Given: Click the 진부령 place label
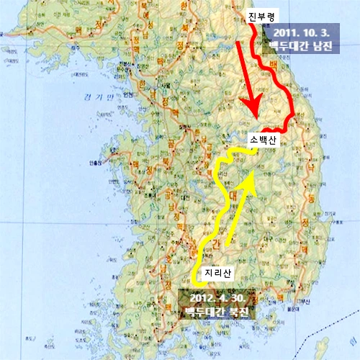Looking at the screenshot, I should coord(261,14).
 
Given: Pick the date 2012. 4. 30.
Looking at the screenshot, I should coord(216,297).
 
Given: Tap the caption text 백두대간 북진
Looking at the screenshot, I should coord(216,312).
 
